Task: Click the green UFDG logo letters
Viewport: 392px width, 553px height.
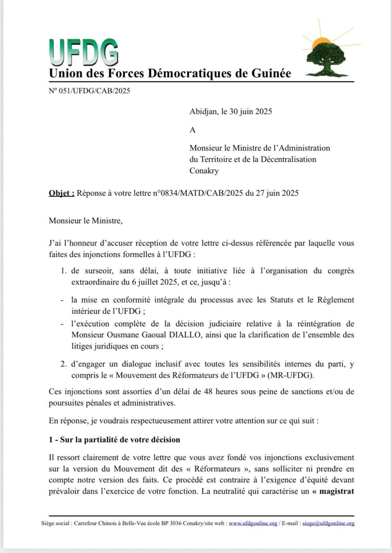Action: [84, 53]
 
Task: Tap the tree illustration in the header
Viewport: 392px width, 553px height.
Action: [326, 59]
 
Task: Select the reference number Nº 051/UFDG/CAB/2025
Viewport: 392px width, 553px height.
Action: [89, 91]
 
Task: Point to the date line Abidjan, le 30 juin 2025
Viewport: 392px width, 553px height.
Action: [231, 112]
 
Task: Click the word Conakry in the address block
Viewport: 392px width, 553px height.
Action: [204, 171]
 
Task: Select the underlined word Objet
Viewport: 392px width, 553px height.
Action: [61, 193]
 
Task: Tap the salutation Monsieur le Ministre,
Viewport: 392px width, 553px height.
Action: [86, 221]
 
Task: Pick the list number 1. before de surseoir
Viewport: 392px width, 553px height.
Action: [63, 271]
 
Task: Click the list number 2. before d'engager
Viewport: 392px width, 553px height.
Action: [63, 364]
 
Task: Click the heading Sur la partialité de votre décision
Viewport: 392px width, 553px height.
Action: [120, 440]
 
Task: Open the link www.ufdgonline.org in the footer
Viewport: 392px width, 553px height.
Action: [253, 523]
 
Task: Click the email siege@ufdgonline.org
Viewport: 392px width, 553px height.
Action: [328, 523]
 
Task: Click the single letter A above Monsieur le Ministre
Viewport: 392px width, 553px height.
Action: [193, 130]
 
